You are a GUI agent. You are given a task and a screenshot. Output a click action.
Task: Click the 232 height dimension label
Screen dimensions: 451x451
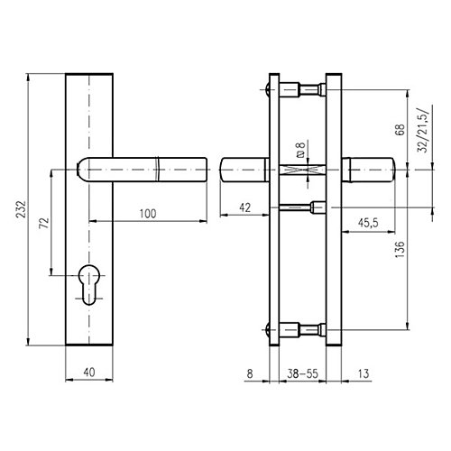22,209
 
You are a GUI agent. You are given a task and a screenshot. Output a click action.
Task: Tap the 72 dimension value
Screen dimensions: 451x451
44,223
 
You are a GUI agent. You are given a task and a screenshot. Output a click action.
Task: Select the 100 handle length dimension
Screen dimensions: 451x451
148,214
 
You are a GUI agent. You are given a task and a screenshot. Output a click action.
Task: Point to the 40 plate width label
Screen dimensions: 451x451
89,373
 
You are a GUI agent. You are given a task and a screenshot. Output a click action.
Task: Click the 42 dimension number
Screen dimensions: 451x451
244,207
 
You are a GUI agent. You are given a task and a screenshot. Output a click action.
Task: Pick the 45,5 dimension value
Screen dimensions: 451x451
368,223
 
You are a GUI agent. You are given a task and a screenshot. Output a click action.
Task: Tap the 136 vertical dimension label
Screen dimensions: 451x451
400,249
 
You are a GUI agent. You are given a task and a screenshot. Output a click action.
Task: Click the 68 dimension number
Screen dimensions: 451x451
400,130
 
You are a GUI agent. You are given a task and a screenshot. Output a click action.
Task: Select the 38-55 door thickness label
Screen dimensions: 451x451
302,373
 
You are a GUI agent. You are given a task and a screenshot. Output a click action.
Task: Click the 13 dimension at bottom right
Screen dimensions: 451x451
364,373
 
